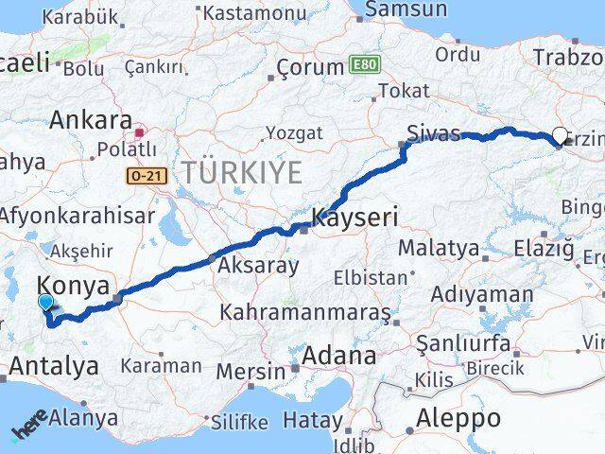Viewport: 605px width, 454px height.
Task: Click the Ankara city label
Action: (x=91, y=121)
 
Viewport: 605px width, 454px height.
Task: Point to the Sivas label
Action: (x=434, y=132)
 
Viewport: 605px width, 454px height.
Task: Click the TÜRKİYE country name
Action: (x=243, y=172)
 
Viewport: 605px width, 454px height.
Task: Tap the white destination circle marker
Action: (x=559, y=135)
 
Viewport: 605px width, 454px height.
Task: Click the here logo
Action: (x=29, y=429)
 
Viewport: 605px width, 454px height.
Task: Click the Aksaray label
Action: (x=258, y=266)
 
